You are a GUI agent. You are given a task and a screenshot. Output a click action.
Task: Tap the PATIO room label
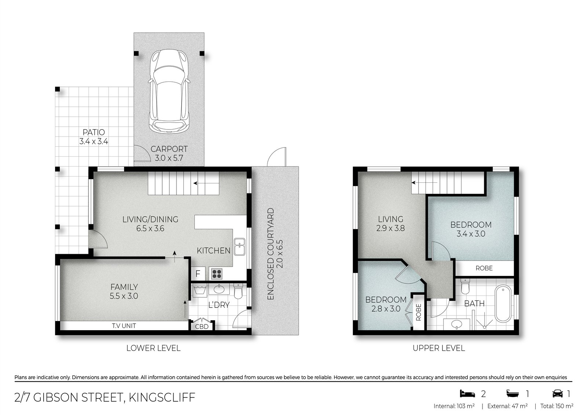pos(94,132)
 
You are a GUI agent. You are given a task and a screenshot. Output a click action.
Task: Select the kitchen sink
pos(240,246)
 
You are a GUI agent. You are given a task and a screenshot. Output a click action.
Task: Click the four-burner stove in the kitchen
pos(217,273)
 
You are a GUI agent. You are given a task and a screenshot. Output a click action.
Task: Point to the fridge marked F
pos(198,274)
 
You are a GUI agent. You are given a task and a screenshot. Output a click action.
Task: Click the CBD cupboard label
pos(201,327)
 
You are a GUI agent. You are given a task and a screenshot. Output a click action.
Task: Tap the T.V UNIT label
pos(124,325)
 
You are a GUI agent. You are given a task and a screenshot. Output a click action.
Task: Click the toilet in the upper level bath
pos(465,286)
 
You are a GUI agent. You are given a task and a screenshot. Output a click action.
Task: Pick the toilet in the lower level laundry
pos(238,291)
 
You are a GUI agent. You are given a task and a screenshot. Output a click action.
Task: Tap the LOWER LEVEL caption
pos(153,348)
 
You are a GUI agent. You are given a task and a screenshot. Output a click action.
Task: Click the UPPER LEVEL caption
pos(439,348)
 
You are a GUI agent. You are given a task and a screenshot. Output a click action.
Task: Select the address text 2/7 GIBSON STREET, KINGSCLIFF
pos(105,397)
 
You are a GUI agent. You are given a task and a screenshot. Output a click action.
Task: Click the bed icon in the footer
pos(467,394)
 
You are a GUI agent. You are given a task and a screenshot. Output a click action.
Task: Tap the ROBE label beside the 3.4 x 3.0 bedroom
pos(484,268)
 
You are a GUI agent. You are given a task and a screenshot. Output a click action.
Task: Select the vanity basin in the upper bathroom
pos(457,324)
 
